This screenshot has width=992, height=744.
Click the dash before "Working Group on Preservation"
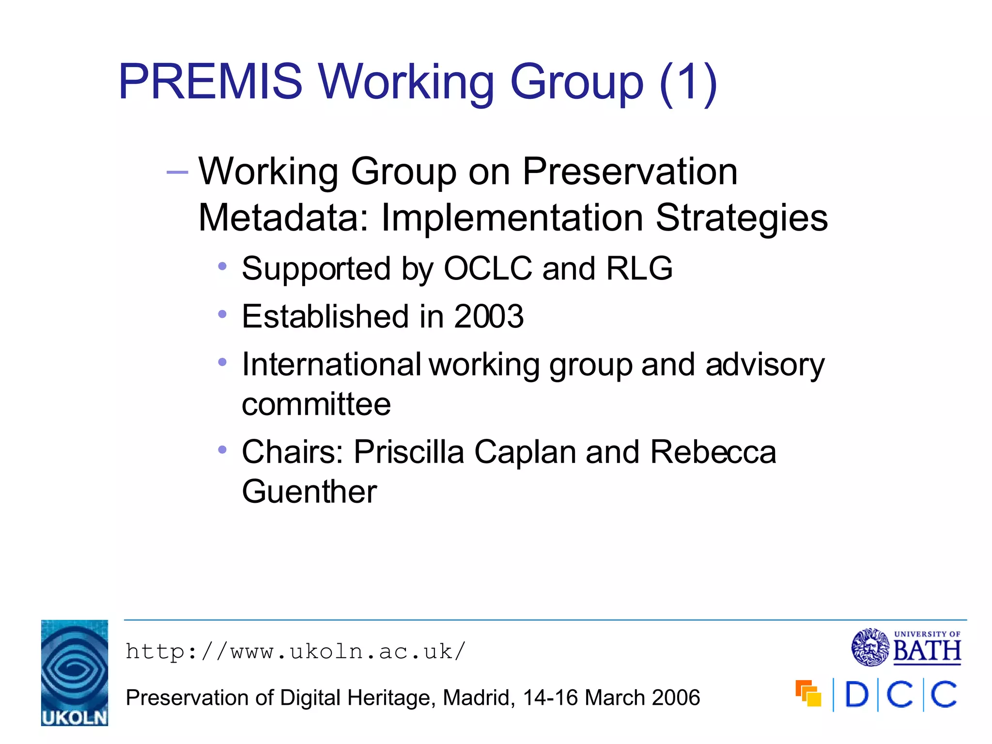point(177,172)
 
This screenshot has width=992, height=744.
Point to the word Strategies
point(742,218)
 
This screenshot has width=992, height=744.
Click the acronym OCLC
point(488,268)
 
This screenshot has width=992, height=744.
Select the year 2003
point(489,316)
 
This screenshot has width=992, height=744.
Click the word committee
point(316,404)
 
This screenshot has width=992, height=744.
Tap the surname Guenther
point(310,492)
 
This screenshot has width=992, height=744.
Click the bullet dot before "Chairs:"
point(222,450)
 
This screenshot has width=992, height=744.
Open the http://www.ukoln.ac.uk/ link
point(295,651)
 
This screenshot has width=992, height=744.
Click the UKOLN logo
point(75,673)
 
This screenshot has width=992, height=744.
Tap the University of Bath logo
point(906,647)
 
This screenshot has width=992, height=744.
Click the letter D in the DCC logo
point(856,695)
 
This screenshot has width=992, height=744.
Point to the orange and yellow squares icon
point(808,694)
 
